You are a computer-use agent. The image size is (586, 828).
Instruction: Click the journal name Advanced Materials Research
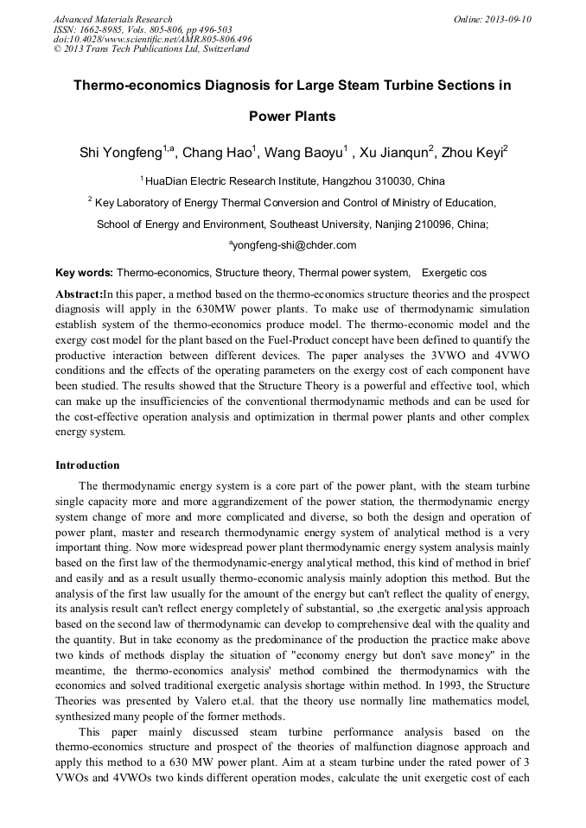112,19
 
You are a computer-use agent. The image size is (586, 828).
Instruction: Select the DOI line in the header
152,39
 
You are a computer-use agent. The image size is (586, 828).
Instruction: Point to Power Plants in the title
291,117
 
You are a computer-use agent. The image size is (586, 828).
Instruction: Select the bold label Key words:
84,272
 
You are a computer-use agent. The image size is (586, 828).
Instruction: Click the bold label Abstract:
79,294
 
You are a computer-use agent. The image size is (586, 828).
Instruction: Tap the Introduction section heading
87,465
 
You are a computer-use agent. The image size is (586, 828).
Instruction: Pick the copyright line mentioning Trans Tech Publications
152,49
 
